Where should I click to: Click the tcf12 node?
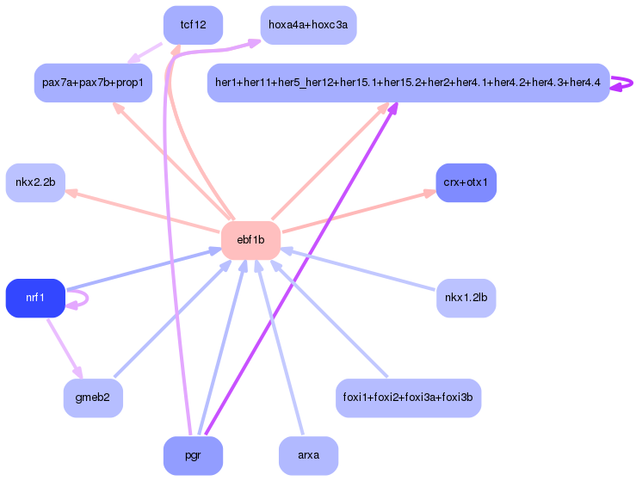pos(193,25)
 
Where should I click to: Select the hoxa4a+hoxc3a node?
pos(308,25)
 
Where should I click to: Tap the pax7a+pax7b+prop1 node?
pos(93,83)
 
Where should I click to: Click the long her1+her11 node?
pos(409,83)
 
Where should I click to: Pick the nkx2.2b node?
pos(35,182)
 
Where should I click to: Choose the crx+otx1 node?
pos(466,182)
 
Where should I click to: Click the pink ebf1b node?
pos(250,240)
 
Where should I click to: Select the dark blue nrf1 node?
pos(35,298)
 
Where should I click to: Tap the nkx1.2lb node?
pos(466,298)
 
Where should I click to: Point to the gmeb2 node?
pos(93,398)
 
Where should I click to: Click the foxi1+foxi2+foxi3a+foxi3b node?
pos(409,398)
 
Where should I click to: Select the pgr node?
pos(193,455)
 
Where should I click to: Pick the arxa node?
pos(308,455)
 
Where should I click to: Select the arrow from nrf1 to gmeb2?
pos(65,348)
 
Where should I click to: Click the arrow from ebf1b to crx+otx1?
pos(360,211)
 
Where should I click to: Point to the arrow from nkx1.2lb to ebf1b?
pos(358,269)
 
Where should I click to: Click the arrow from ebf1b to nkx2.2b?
pos(142,211)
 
